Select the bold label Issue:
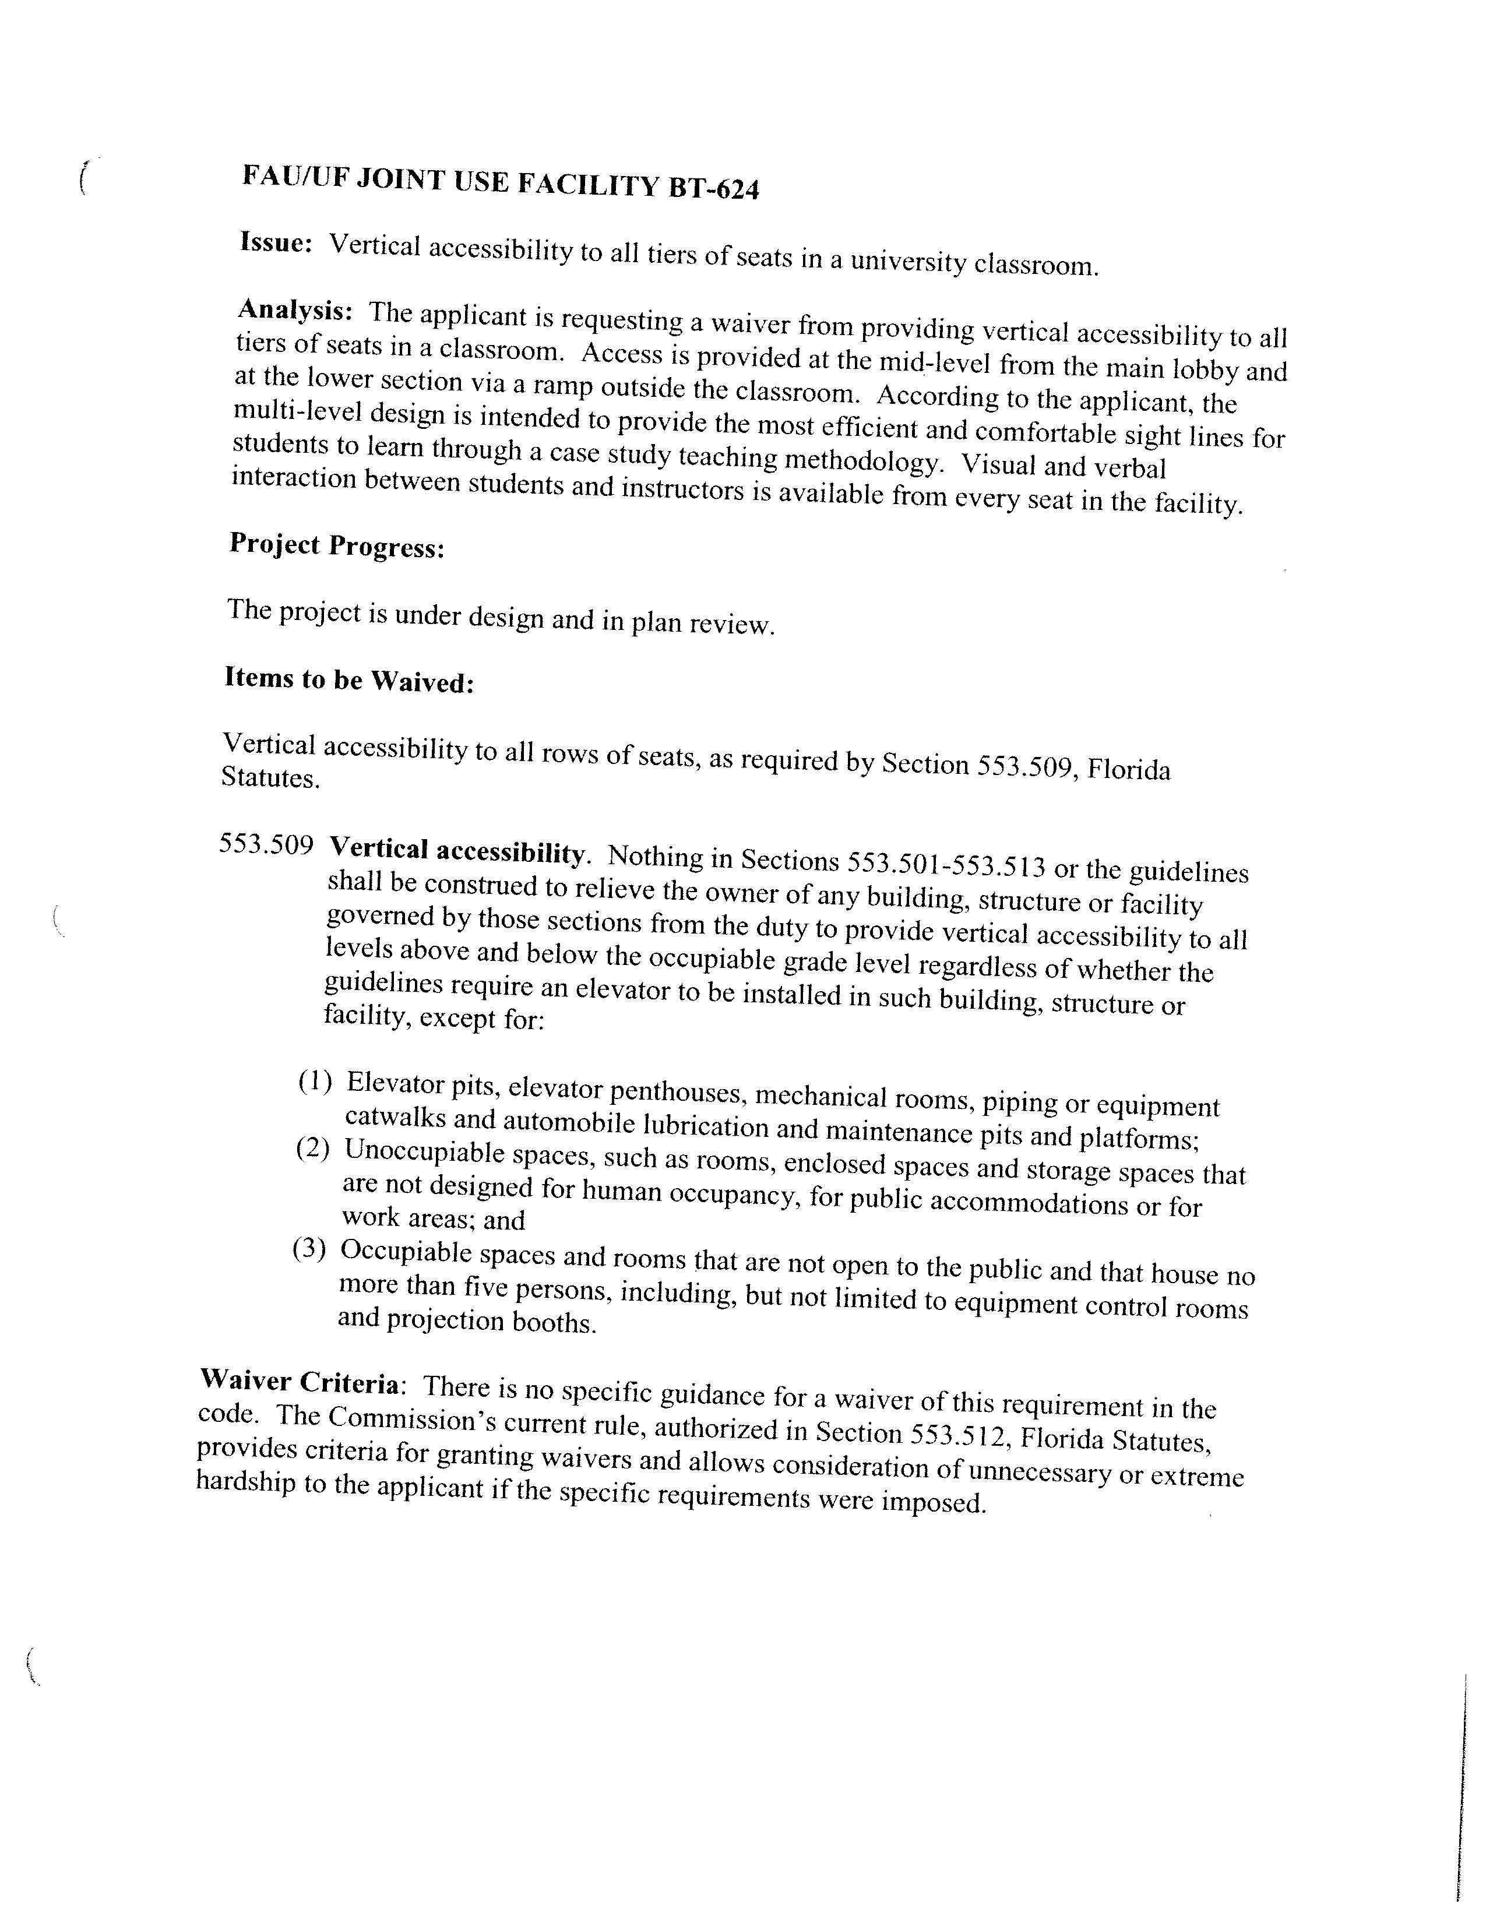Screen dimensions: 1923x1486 (x=276, y=242)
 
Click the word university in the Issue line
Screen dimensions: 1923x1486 (x=907, y=262)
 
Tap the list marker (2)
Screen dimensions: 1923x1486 (x=312, y=1148)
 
